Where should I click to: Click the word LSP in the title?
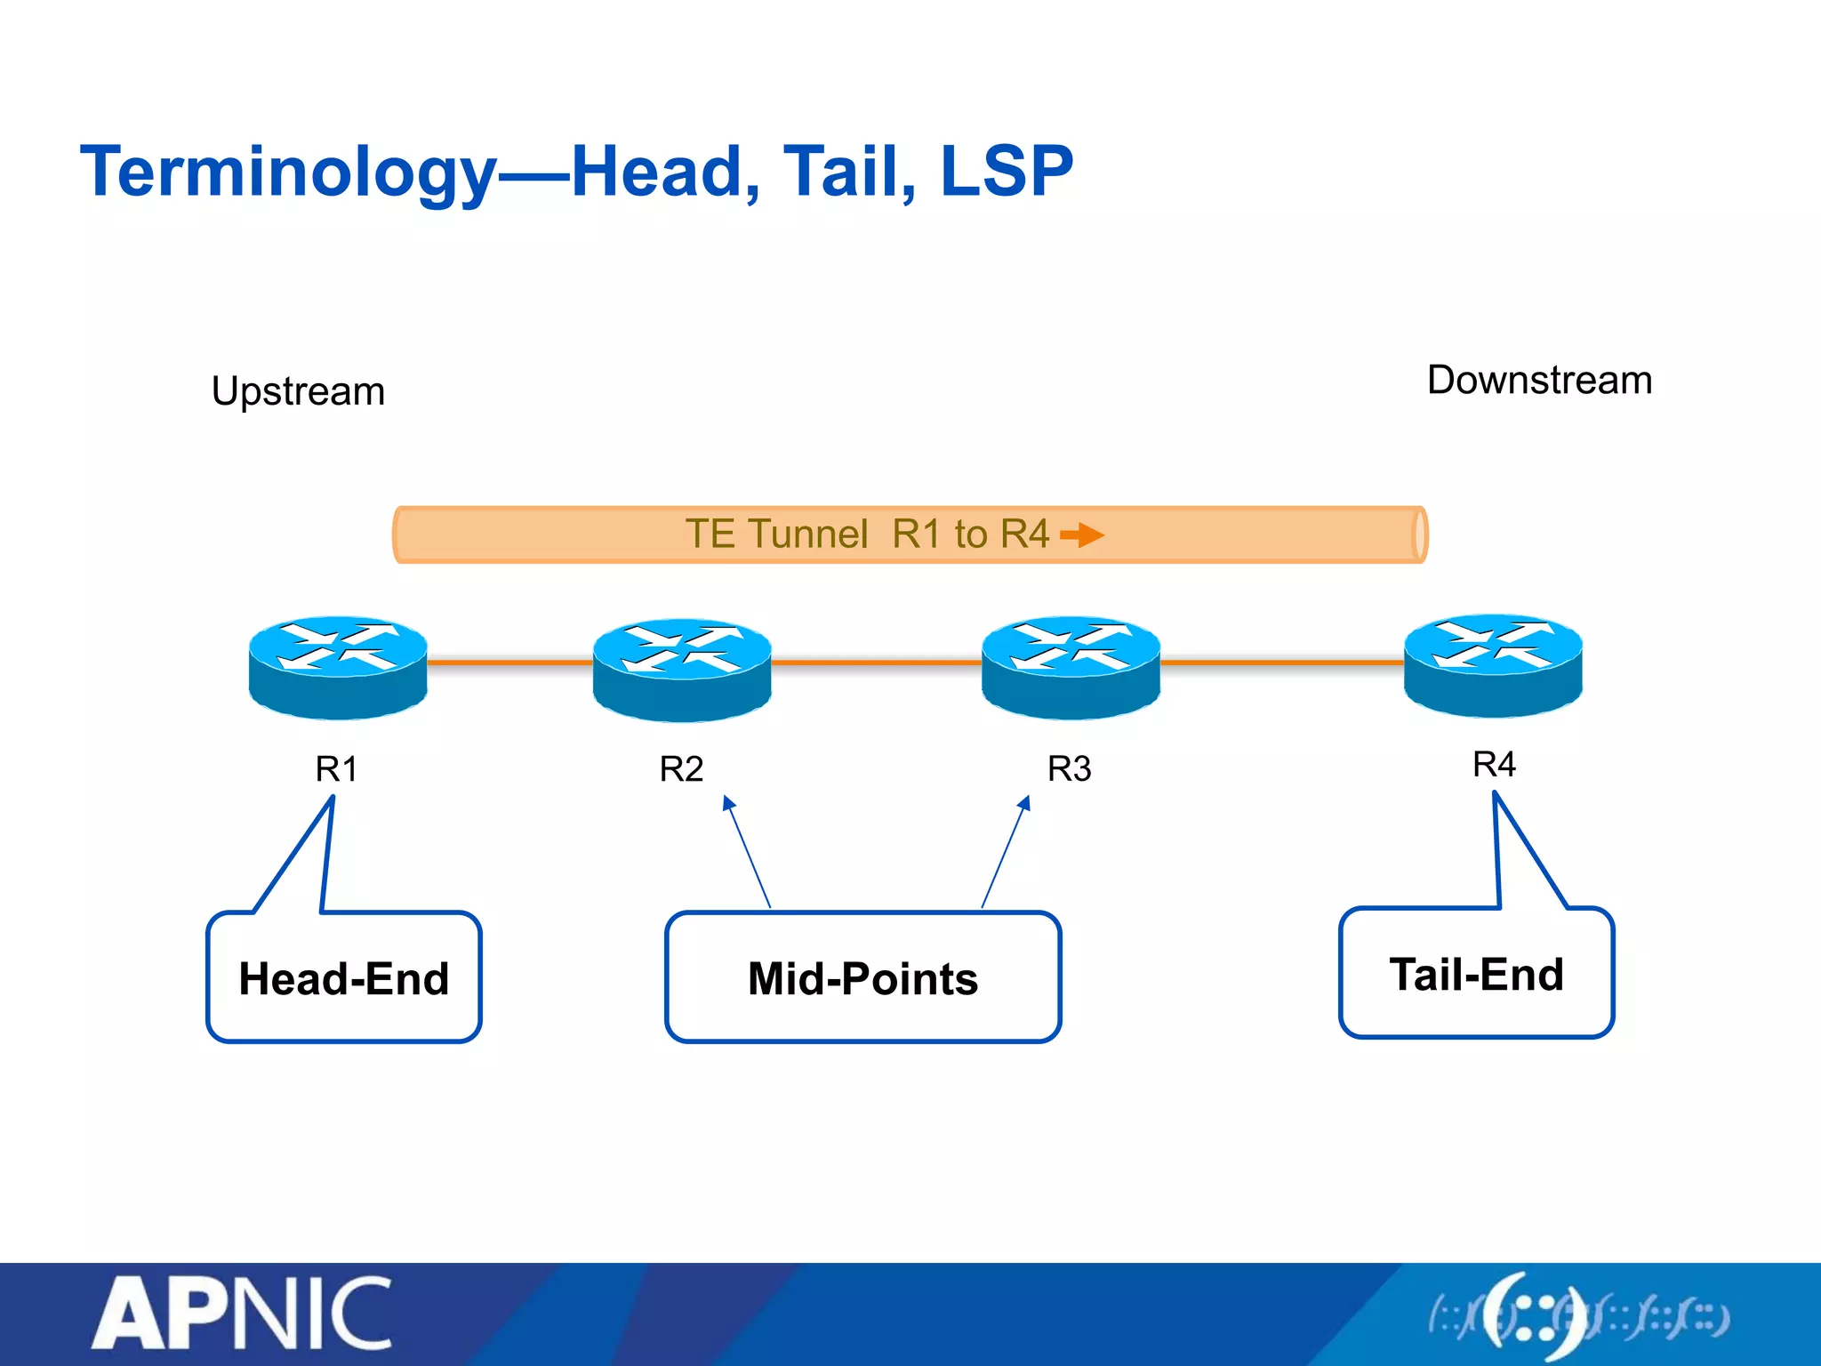(1006, 172)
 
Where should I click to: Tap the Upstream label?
(298, 391)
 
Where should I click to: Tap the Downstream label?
(1539, 381)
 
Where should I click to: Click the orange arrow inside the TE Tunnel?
(1082, 534)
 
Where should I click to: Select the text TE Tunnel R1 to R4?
(867, 534)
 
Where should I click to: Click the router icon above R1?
(338, 666)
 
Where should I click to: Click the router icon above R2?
(682, 669)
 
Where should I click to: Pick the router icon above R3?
(1071, 666)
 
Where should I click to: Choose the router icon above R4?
(1493, 664)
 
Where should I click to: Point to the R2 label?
(681, 769)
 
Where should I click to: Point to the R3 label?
(1069, 769)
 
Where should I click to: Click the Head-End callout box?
(344, 977)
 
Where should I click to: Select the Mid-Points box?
(862, 977)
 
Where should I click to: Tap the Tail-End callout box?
(1476, 973)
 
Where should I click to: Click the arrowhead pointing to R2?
(728, 802)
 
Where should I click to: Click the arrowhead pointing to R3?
(1025, 802)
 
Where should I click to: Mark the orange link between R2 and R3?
(876, 663)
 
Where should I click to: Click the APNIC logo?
(242, 1314)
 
